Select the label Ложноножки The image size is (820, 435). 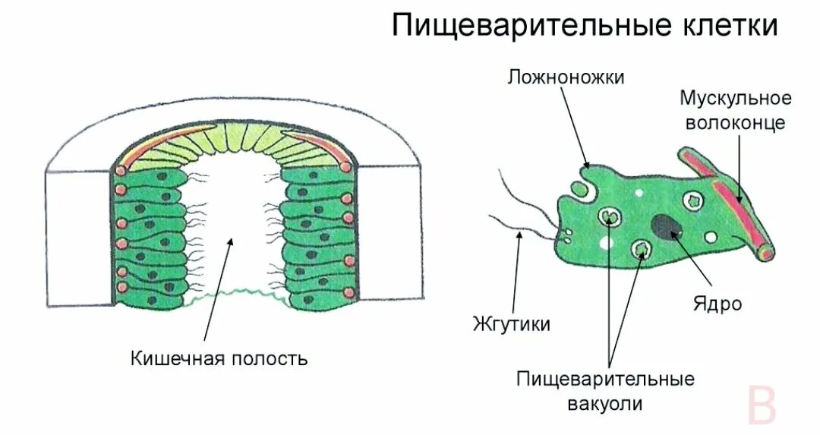tap(566, 77)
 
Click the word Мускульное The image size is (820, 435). tap(735, 98)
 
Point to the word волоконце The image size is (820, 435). tap(735, 122)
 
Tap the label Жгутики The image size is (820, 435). tap(511, 324)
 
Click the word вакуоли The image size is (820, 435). tap(605, 403)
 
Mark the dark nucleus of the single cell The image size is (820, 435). tap(666, 226)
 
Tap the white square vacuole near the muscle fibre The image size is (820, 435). tap(692, 200)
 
